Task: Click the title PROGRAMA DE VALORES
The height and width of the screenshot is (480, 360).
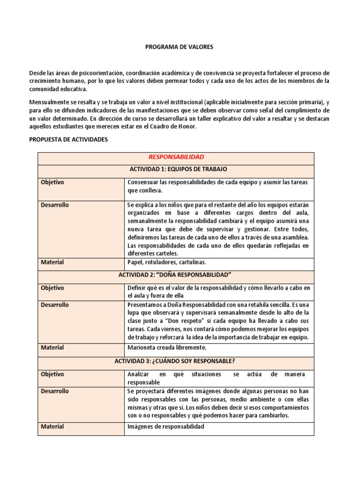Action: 180,47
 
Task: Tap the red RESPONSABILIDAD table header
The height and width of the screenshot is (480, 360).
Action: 176,157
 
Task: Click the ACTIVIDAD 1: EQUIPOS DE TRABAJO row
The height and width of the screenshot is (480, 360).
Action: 176,169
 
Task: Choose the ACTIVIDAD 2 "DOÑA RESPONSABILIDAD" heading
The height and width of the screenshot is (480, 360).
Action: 176,275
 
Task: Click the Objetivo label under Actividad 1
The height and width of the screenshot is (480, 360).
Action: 52,182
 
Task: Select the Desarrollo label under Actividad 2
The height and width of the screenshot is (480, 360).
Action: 55,305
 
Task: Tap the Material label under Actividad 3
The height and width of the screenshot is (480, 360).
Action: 52,427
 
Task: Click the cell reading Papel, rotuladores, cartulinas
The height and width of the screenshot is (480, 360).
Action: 166,262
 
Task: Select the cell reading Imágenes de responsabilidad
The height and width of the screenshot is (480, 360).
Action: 166,427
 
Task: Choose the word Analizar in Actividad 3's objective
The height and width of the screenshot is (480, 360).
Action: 139,375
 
